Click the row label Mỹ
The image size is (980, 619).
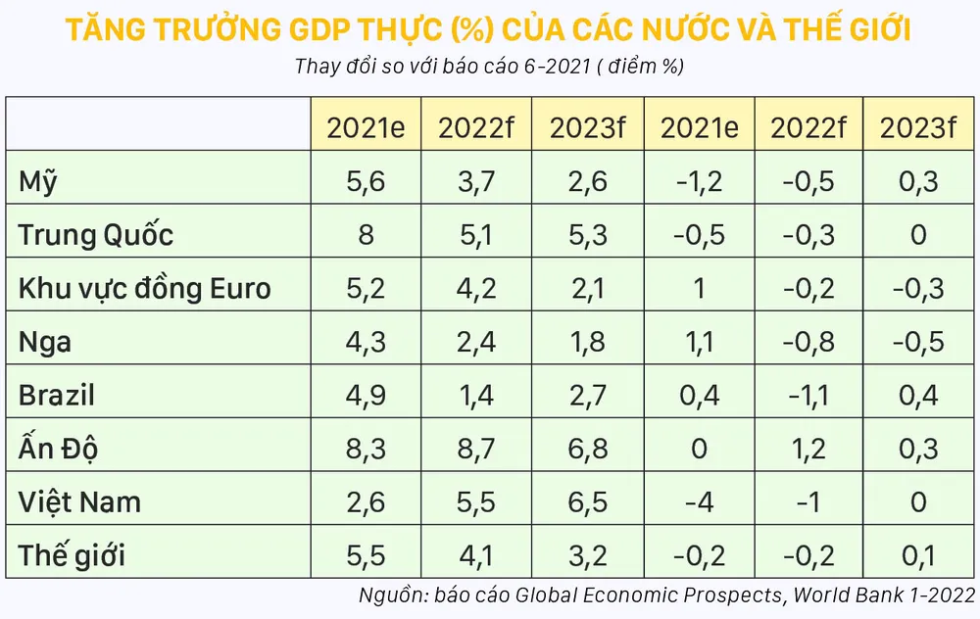click(x=47, y=182)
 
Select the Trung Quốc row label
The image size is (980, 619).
click(x=96, y=235)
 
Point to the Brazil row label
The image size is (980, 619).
click(x=57, y=396)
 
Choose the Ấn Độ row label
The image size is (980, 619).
click(x=59, y=449)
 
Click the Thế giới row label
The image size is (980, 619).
click(x=73, y=556)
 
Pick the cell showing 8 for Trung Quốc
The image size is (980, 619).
click(x=367, y=235)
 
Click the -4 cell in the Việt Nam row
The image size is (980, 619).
click(x=699, y=502)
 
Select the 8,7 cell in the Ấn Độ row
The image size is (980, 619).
click(x=476, y=449)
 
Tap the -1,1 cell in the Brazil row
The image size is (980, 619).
click(x=808, y=396)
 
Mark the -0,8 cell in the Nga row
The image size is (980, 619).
click(x=808, y=342)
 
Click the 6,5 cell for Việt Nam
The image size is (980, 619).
click(x=587, y=502)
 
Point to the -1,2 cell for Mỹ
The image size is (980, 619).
click(x=699, y=182)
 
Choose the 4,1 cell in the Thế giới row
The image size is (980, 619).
click(x=476, y=556)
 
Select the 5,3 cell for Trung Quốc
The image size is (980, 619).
click(x=587, y=235)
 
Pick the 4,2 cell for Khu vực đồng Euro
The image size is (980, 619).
click(x=476, y=289)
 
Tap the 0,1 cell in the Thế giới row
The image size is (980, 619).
click(x=918, y=556)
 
